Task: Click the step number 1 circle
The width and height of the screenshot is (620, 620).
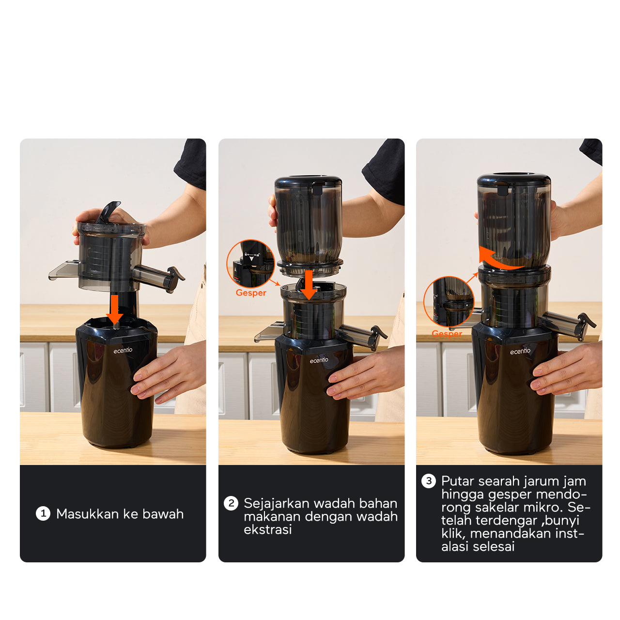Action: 43,513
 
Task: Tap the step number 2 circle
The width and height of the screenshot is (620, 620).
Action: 231,503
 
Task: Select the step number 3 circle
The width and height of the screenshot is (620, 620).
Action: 428,481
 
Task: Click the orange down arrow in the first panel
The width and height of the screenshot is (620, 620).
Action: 114,309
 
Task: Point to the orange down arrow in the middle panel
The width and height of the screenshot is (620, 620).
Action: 309,285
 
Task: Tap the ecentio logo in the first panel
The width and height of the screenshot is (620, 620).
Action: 123,350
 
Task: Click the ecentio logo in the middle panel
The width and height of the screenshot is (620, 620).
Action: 319,360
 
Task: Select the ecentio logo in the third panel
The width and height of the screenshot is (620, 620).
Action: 520,351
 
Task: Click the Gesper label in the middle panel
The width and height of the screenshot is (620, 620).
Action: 250,293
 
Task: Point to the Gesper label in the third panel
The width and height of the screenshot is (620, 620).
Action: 447,333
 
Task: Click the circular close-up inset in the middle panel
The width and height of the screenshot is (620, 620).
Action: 250,263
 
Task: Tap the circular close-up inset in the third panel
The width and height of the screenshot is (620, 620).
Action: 449,302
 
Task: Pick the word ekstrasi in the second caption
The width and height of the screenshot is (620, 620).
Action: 268,529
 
